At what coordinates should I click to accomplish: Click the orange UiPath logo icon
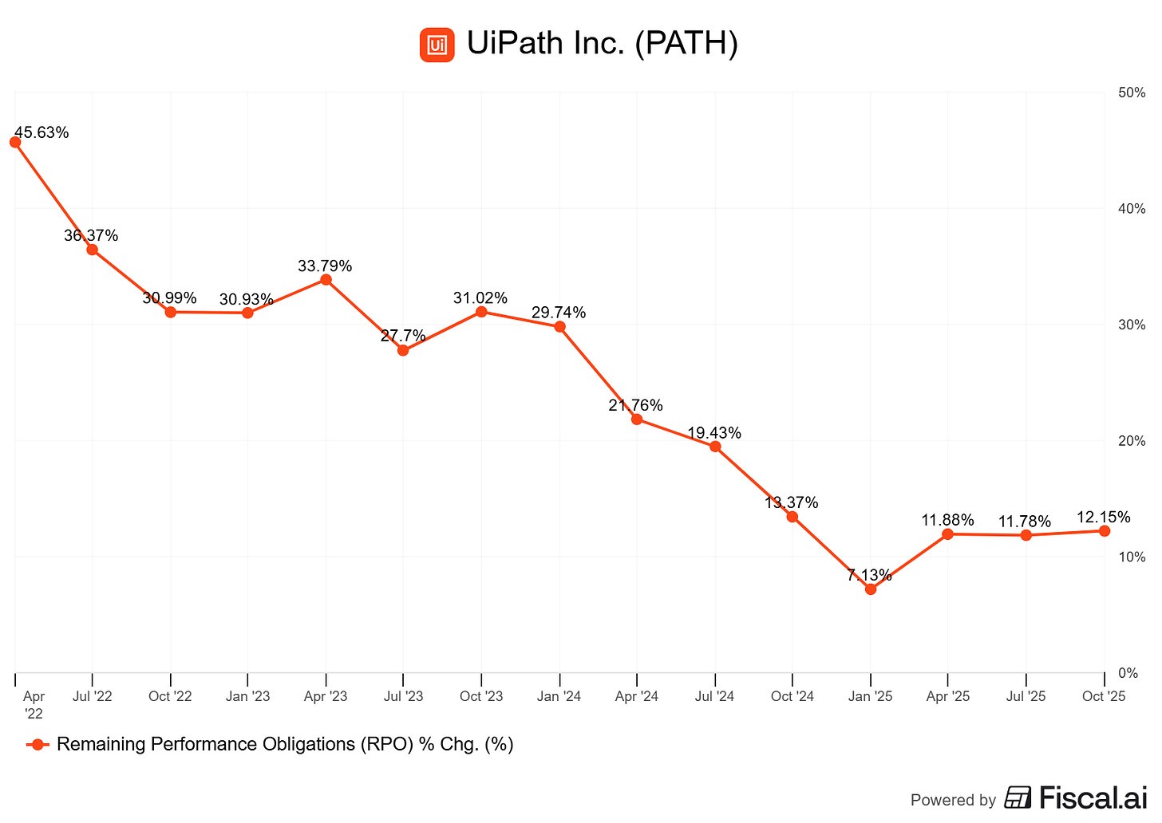tap(437, 45)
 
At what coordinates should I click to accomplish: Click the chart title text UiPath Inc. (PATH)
tap(602, 43)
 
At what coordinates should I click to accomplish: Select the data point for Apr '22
tap(15, 142)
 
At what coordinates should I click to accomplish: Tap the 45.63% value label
tap(41, 132)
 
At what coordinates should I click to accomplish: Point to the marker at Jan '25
tap(871, 589)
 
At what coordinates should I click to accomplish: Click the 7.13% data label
tap(869, 575)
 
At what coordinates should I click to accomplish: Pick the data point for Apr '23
tap(326, 279)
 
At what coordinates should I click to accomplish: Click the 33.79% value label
tap(325, 266)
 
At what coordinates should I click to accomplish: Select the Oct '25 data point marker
tap(1105, 530)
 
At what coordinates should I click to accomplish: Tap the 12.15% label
tap(1103, 517)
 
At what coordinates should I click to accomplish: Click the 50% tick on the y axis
tap(1132, 93)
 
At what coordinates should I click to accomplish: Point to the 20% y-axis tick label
tap(1132, 441)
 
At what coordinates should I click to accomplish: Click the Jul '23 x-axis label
tap(404, 696)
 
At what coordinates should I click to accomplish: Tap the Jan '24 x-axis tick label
tap(559, 696)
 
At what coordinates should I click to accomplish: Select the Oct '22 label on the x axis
tap(170, 696)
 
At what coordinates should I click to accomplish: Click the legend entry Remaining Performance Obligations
tap(284, 744)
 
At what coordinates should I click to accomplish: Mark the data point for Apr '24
tap(637, 419)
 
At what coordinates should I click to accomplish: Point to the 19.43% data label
tap(714, 433)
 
